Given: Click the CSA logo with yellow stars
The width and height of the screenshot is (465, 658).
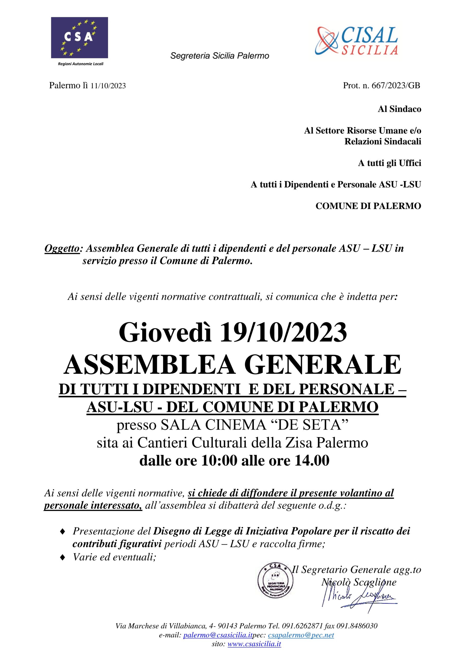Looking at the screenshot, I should (79, 38).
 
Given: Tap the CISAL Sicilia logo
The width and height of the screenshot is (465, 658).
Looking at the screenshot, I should (357, 41).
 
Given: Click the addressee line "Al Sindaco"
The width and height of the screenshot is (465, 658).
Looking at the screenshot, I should (399, 109).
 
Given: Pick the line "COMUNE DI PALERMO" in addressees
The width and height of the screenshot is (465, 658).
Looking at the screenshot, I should (368, 206).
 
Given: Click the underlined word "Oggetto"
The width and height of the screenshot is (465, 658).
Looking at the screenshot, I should (62, 249).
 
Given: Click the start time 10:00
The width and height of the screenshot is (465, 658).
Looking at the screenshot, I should (219, 461).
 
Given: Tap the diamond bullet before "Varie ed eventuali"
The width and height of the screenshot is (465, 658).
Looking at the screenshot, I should (62, 557).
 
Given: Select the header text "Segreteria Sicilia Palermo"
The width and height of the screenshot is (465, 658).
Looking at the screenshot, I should (220, 56).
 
